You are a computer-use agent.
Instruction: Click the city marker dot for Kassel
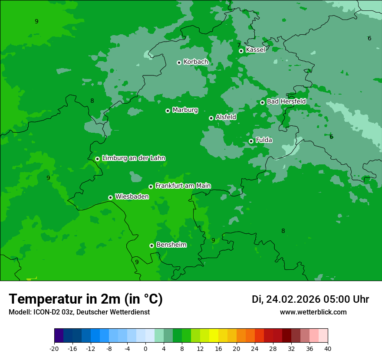[x=241, y=51]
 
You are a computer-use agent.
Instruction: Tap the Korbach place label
[x=196, y=62]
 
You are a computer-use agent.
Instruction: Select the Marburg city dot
[x=168, y=111]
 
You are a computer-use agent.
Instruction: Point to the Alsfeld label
[x=226, y=117]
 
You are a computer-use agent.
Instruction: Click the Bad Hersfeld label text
[x=286, y=101]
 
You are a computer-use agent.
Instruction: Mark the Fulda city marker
[x=251, y=141]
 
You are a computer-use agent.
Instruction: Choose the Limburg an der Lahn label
[x=133, y=158]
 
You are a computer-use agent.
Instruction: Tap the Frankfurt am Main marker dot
[x=151, y=187]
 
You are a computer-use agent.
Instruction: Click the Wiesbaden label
[x=132, y=196]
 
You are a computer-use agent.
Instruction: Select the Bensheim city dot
[x=151, y=245]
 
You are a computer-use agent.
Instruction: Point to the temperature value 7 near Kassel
[x=239, y=45]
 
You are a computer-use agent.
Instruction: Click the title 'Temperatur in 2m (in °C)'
[x=86, y=299]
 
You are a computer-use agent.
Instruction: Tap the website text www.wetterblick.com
[x=313, y=312]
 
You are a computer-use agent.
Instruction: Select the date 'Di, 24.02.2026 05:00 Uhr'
[x=310, y=299]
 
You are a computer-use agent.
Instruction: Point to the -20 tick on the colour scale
[x=54, y=348]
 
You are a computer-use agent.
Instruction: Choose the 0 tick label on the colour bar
[x=145, y=348]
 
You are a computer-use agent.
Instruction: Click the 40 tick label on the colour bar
[x=328, y=348]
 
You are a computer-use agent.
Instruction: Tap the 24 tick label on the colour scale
[x=255, y=348]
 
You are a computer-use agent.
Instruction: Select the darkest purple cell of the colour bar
[x=59, y=336]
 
